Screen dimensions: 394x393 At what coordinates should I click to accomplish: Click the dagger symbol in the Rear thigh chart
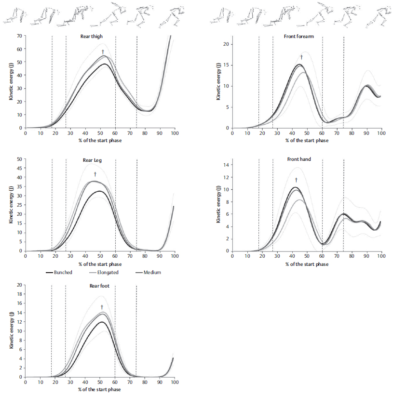[x=103, y=52]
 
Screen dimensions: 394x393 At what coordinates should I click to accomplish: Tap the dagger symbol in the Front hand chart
[x=296, y=180]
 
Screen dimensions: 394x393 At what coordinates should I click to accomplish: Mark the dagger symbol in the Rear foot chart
[x=102, y=307]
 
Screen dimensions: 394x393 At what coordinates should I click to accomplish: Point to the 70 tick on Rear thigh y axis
[x=20, y=36]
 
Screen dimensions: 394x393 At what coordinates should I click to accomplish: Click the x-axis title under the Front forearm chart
[x=307, y=141]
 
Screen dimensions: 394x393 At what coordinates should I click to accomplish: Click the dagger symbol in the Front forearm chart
[x=301, y=57]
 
